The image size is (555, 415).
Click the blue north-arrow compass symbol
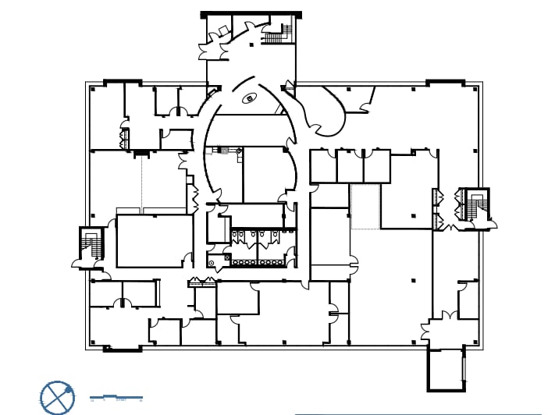pos(57,397)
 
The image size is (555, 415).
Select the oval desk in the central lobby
pos(250,98)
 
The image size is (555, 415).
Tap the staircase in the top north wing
pos(276,34)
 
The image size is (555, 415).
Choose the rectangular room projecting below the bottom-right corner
pos(446,369)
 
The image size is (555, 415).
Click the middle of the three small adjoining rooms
pos(350,166)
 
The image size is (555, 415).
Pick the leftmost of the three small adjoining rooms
pos(323,166)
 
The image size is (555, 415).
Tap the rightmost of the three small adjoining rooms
pos(376,166)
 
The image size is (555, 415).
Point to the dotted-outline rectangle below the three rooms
pos(365,207)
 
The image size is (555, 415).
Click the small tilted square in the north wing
pos(223,30)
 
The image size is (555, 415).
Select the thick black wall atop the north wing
pos(251,14)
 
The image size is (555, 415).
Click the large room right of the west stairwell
pos(155,241)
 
